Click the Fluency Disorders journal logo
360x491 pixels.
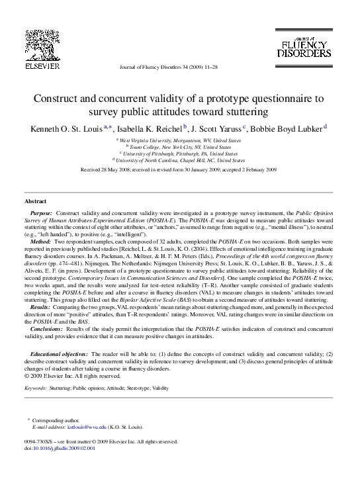(302, 46)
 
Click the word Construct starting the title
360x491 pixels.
(58, 99)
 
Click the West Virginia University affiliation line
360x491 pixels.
(179, 141)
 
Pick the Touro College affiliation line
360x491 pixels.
(179, 148)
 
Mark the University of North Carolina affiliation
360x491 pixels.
(179, 160)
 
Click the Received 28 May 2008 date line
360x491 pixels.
(179, 170)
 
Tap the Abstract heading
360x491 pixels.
(35, 200)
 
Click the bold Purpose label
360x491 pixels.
(42, 214)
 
